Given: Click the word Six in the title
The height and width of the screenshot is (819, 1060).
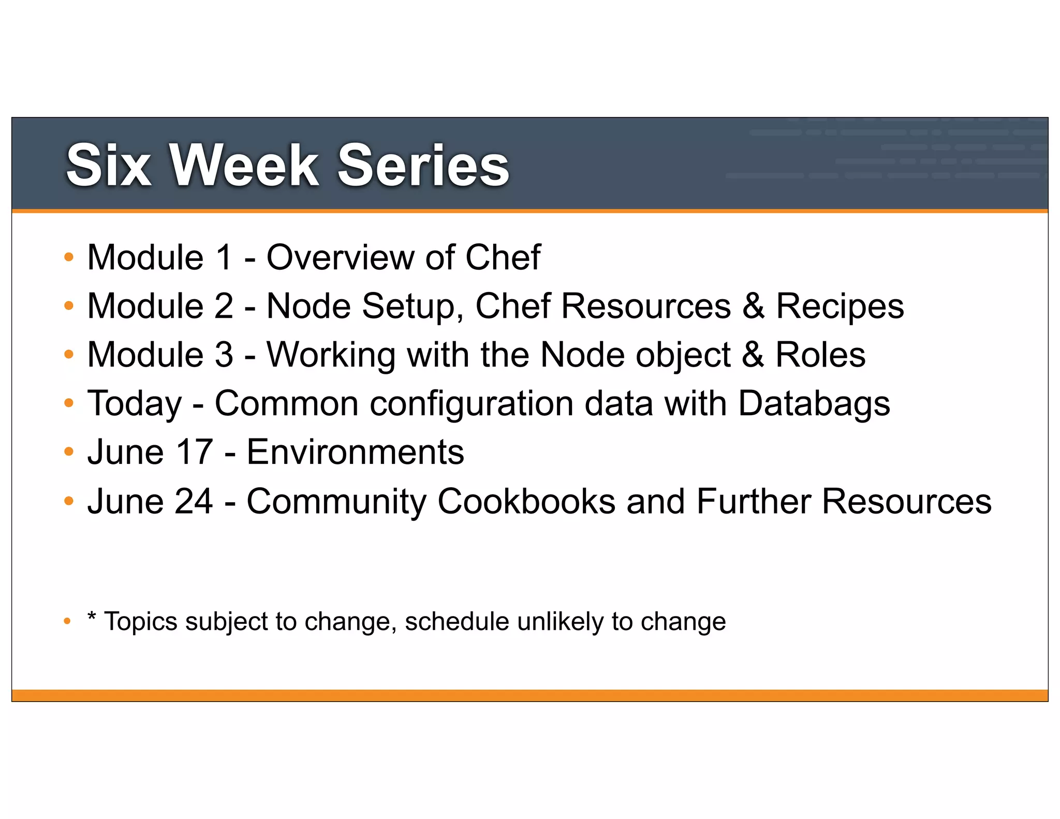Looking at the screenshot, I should pos(109,166).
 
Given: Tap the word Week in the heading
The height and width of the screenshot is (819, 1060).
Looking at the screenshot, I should pos(244,166).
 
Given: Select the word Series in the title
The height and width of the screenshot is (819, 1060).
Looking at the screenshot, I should pos(423,166).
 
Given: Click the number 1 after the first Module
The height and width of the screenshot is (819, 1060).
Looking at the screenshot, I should pos(224,257).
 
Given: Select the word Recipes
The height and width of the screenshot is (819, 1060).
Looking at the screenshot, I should pos(840,306).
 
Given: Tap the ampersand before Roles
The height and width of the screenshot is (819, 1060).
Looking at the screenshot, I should pos(753,355).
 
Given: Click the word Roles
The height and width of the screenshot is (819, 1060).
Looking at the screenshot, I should pos(820,355).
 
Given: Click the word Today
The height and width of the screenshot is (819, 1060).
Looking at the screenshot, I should pos(135,404).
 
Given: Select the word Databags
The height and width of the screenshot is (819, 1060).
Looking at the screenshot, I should pos(814,404).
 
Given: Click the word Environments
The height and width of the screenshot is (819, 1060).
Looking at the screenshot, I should pos(355,452).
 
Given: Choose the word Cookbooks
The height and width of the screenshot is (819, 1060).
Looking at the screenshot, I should pos(526,501).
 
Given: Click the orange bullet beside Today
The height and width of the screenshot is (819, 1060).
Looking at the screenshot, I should pos(69,403).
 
